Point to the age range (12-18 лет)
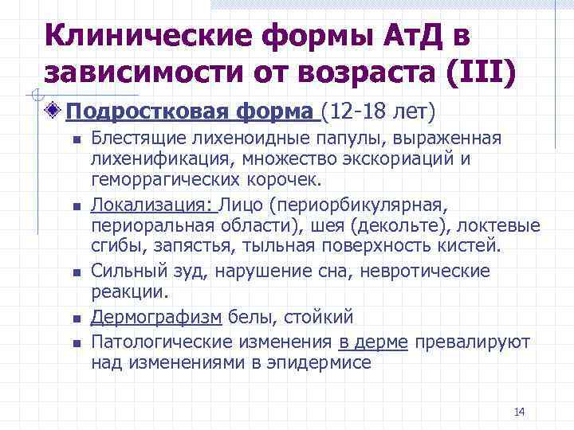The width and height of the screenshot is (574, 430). tap(378, 112)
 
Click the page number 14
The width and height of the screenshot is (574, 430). tap(519, 412)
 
